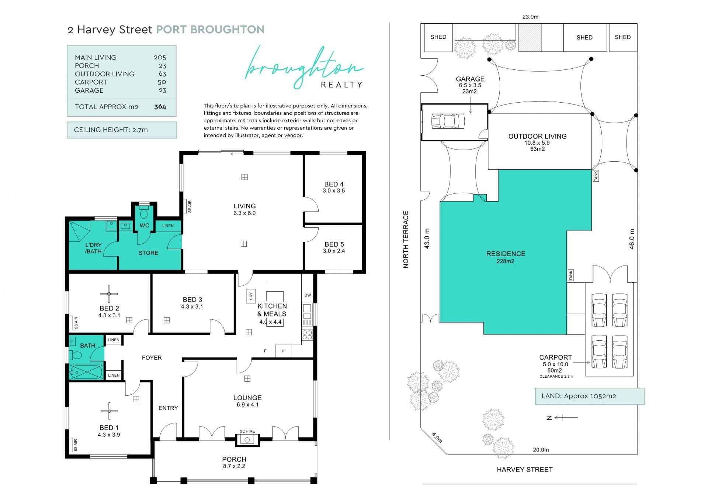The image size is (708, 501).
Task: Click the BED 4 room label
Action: [x=334, y=184]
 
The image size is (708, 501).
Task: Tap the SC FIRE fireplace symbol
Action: [x=247, y=439]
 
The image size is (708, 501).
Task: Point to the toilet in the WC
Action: [x=144, y=213]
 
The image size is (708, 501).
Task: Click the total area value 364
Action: [x=160, y=107]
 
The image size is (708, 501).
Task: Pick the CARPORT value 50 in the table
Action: [x=162, y=82]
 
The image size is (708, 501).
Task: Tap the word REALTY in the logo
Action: [x=341, y=85]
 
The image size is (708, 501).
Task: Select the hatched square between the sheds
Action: [x=530, y=38]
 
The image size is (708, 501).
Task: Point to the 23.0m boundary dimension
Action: [x=530, y=17]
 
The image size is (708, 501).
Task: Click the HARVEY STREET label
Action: [x=525, y=470]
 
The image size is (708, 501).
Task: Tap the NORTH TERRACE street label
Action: [x=406, y=240]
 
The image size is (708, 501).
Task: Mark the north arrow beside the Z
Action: [x=566, y=418]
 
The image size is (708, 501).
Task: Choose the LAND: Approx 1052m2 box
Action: [x=590, y=396]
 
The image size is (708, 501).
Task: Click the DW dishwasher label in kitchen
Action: [x=308, y=295]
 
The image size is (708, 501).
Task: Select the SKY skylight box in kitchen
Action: [x=251, y=296]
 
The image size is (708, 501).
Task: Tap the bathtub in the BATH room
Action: [x=86, y=372]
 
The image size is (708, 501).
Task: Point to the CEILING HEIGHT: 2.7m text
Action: [x=111, y=130]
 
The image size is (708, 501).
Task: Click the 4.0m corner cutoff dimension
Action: [x=437, y=438]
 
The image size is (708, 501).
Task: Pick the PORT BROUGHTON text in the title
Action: [x=210, y=30]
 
